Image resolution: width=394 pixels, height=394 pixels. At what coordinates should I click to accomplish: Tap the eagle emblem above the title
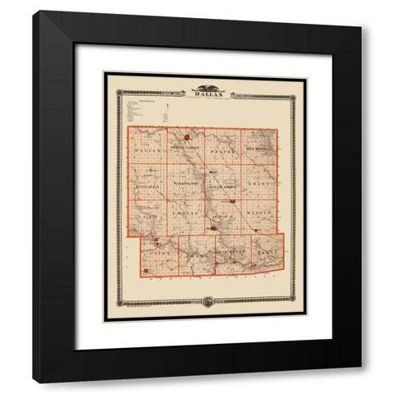click(204, 87)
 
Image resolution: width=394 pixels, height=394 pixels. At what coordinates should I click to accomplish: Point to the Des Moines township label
click(259, 150)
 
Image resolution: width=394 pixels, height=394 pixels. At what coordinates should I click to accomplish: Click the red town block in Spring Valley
click(187, 136)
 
